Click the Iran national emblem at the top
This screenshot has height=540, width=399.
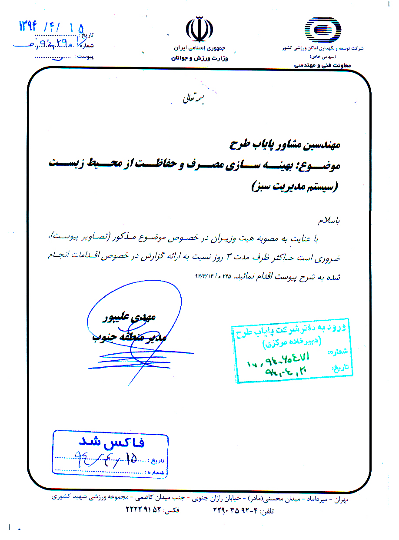pyautogui.click(x=199, y=29)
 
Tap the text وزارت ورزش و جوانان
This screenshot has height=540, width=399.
pyautogui.click(x=199, y=58)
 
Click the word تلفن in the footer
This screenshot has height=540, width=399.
pyautogui.click(x=267, y=510)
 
